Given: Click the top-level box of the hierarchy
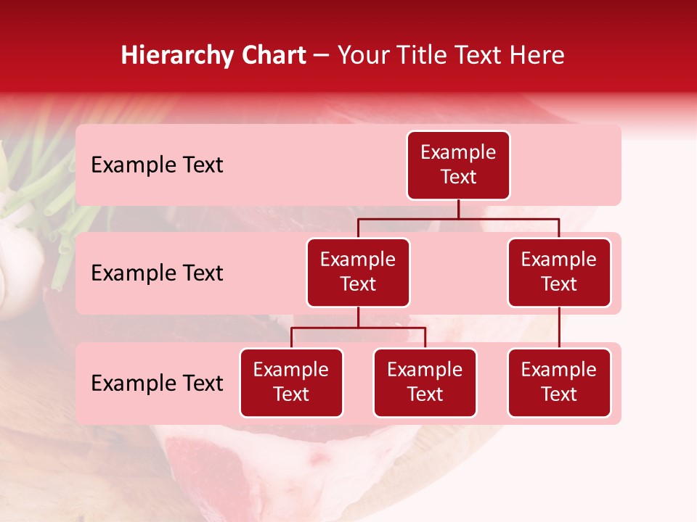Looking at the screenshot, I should (x=458, y=165).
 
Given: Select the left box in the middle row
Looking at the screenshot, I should (x=358, y=272).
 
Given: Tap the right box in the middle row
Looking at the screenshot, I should (x=559, y=272).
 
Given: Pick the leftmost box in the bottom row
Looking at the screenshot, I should (x=291, y=382).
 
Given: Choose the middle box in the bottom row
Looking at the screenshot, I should (x=425, y=382).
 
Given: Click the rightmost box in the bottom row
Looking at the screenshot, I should (x=559, y=382).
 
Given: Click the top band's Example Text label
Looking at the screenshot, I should (x=157, y=165).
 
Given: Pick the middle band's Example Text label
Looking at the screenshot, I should (x=157, y=273).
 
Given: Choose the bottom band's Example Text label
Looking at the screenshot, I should (x=157, y=383).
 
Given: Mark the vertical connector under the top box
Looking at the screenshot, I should (x=458, y=209).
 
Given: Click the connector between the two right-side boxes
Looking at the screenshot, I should (x=559, y=328).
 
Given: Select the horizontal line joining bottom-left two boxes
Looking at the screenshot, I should (x=358, y=328).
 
